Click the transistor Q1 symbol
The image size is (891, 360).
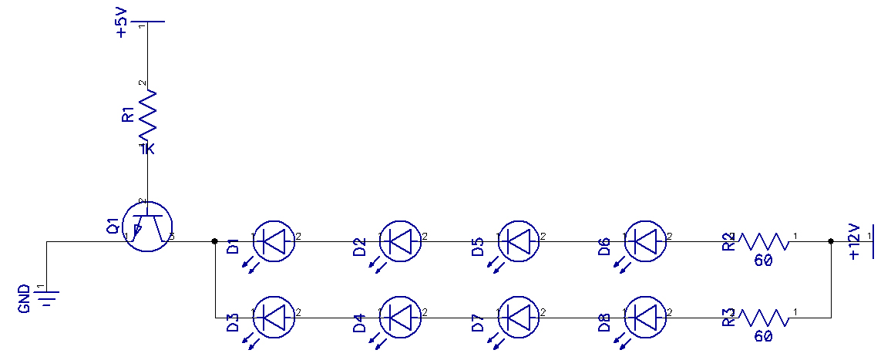click(148, 224)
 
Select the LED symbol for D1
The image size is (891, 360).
click(274, 241)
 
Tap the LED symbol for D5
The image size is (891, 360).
click(521, 241)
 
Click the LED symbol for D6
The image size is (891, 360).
click(646, 241)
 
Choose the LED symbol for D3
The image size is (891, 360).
click(274, 317)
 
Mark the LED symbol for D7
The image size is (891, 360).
click(521, 317)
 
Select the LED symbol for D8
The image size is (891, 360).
click(646, 317)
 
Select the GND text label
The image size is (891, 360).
click(25, 299)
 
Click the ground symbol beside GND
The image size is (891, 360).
click(49, 297)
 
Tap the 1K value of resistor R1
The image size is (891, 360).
click(146, 149)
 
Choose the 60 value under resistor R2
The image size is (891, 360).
click(763, 261)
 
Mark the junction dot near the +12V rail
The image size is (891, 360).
click(831, 241)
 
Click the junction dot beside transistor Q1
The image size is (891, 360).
click(214, 241)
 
